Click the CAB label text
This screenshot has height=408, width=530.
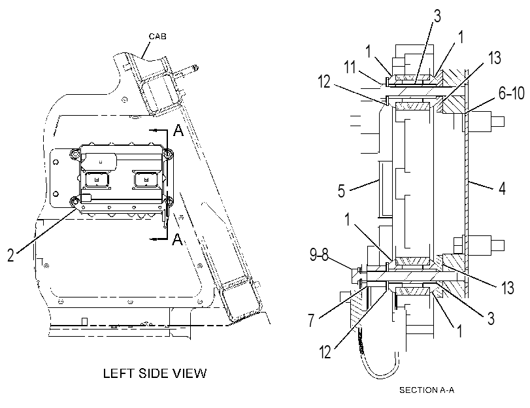157,36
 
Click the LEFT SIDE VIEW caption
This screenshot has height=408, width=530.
155,373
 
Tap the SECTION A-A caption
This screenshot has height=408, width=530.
427,390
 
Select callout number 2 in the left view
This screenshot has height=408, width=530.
11,255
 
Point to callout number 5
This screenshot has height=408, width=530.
341,191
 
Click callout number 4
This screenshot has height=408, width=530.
503,188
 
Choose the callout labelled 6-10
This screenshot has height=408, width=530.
512,93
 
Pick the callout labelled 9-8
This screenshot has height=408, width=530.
319,255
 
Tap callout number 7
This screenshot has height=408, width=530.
311,320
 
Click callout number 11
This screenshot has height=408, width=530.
350,67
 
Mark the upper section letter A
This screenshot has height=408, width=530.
178,129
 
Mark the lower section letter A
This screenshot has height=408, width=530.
178,239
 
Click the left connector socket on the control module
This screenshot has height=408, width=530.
97,179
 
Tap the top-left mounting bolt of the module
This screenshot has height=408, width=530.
75,154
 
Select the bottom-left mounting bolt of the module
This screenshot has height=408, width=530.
75,201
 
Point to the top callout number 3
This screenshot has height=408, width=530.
437,16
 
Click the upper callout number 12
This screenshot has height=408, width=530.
325,82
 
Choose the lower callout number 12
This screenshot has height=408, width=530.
325,352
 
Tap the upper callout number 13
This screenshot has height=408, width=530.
495,58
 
